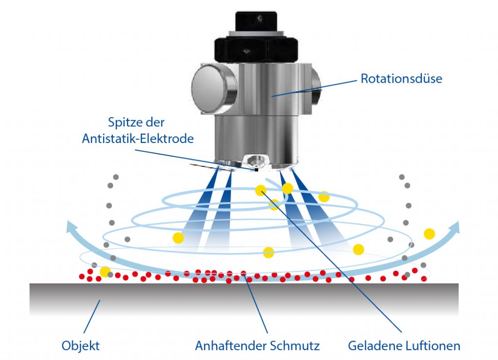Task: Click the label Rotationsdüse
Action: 401,78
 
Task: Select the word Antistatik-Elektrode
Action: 138,139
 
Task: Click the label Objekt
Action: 81,346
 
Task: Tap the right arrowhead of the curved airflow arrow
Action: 455,226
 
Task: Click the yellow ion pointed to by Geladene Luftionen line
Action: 261,191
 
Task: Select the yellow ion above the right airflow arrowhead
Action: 429,234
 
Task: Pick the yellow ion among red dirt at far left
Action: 105,271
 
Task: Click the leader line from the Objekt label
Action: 93,316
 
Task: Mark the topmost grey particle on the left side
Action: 115,176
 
